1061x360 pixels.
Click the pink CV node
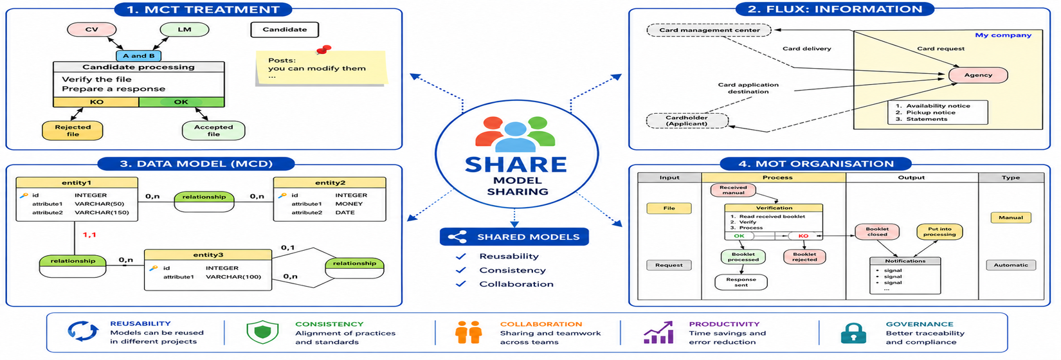pyautogui.click(x=91, y=30)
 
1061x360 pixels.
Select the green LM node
pyautogui.click(x=185, y=30)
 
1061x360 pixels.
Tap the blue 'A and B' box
pyautogui.click(x=139, y=56)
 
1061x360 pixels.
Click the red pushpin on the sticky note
pyautogui.click(x=324, y=50)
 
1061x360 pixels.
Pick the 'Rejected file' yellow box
pyautogui.click(x=73, y=130)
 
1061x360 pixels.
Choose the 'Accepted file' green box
pyautogui.click(x=213, y=130)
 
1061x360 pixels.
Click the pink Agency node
pyautogui.click(x=978, y=75)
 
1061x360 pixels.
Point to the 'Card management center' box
pyautogui.click(x=709, y=30)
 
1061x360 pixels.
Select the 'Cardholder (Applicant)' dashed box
pyautogui.click(x=687, y=121)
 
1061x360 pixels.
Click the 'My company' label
pyautogui.click(x=1002, y=35)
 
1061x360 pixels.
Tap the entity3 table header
pyautogui.click(x=208, y=255)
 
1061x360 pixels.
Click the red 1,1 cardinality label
pyautogui.click(x=89, y=235)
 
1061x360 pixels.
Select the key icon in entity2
pyautogui.click(x=282, y=195)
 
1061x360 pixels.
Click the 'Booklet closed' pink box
pyautogui.click(x=877, y=231)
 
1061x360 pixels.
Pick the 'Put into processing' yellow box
pyautogui.click(x=939, y=231)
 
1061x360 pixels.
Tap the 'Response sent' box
pyautogui.click(x=741, y=282)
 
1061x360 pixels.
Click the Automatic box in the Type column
pyautogui.click(x=1011, y=265)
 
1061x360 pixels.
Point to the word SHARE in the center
pyautogui.click(x=516, y=165)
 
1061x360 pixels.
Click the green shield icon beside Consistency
pyautogui.click(x=262, y=332)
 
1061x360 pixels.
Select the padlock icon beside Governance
pyautogui.click(x=853, y=333)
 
